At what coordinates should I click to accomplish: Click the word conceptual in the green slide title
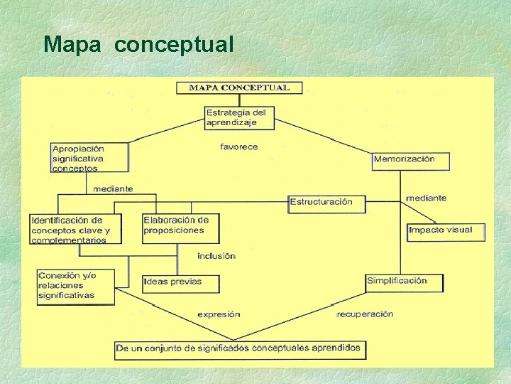[173, 45]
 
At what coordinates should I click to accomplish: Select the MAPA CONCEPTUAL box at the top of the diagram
[239, 88]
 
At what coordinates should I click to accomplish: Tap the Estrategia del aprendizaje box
[239, 117]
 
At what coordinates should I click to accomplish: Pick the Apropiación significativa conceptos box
[89, 158]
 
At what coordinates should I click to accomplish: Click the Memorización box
[412, 159]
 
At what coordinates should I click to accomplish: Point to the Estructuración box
[326, 203]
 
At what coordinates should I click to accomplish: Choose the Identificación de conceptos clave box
[75, 230]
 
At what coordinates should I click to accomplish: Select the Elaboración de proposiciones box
[180, 228]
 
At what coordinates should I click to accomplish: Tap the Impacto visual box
[446, 231]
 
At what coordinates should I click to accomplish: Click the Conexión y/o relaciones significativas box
[75, 286]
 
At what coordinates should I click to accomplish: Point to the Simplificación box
[404, 282]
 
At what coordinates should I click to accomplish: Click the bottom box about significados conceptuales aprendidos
[240, 349]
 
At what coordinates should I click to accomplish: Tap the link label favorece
[239, 147]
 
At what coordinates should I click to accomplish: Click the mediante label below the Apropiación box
[113, 189]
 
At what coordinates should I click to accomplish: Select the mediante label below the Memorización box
[427, 198]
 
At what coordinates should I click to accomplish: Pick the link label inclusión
[216, 256]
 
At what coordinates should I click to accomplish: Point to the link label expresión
[219, 314]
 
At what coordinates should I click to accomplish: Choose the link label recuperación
[365, 314]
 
